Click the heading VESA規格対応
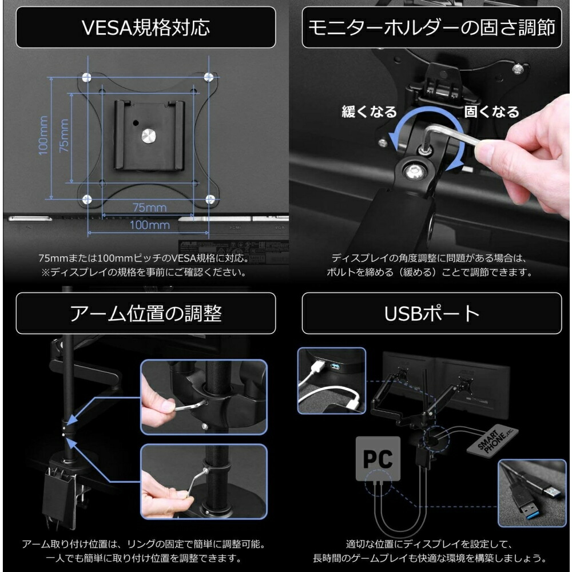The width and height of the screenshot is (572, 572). (x=145, y=27)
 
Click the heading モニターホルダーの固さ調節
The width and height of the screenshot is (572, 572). (x=431, y=27)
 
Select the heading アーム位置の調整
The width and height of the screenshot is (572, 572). (x=145, y=313)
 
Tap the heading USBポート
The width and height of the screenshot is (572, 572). (x=431, y=313)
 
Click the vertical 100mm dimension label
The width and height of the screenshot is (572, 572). (x=43, y=136)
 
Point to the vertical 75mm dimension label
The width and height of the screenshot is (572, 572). (x=63, y=136)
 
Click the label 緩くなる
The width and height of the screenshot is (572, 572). (x=369, y=112)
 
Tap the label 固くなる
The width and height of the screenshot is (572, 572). (x=491, y=112)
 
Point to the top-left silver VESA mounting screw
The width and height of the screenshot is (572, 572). (x=86, y=77)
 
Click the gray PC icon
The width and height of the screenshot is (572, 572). (x=378, y=459)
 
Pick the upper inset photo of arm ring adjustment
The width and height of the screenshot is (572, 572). (x=203, y=397)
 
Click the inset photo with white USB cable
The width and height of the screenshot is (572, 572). (x=331, y=380)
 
